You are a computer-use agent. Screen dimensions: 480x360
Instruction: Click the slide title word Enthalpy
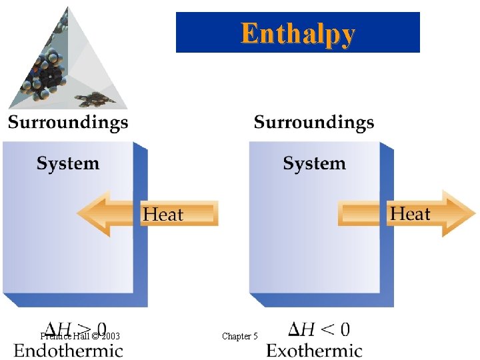click(x=297, y=33)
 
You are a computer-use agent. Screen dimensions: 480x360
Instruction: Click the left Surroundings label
click(x=67, y=123)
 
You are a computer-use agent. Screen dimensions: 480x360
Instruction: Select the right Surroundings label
click(x=314, y=123)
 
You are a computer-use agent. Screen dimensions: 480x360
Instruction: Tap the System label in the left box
click(x=67, y=163)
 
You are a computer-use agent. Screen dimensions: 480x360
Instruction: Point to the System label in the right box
click(x=314, y=163)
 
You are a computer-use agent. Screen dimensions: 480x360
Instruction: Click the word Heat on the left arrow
click(x=163, y=215)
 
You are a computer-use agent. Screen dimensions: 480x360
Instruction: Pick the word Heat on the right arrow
click(x=410, y=214)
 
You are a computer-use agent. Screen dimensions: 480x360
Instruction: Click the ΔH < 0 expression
click(x=319, y=329)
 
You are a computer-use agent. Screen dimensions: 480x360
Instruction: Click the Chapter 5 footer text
click(x=239, y=337)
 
